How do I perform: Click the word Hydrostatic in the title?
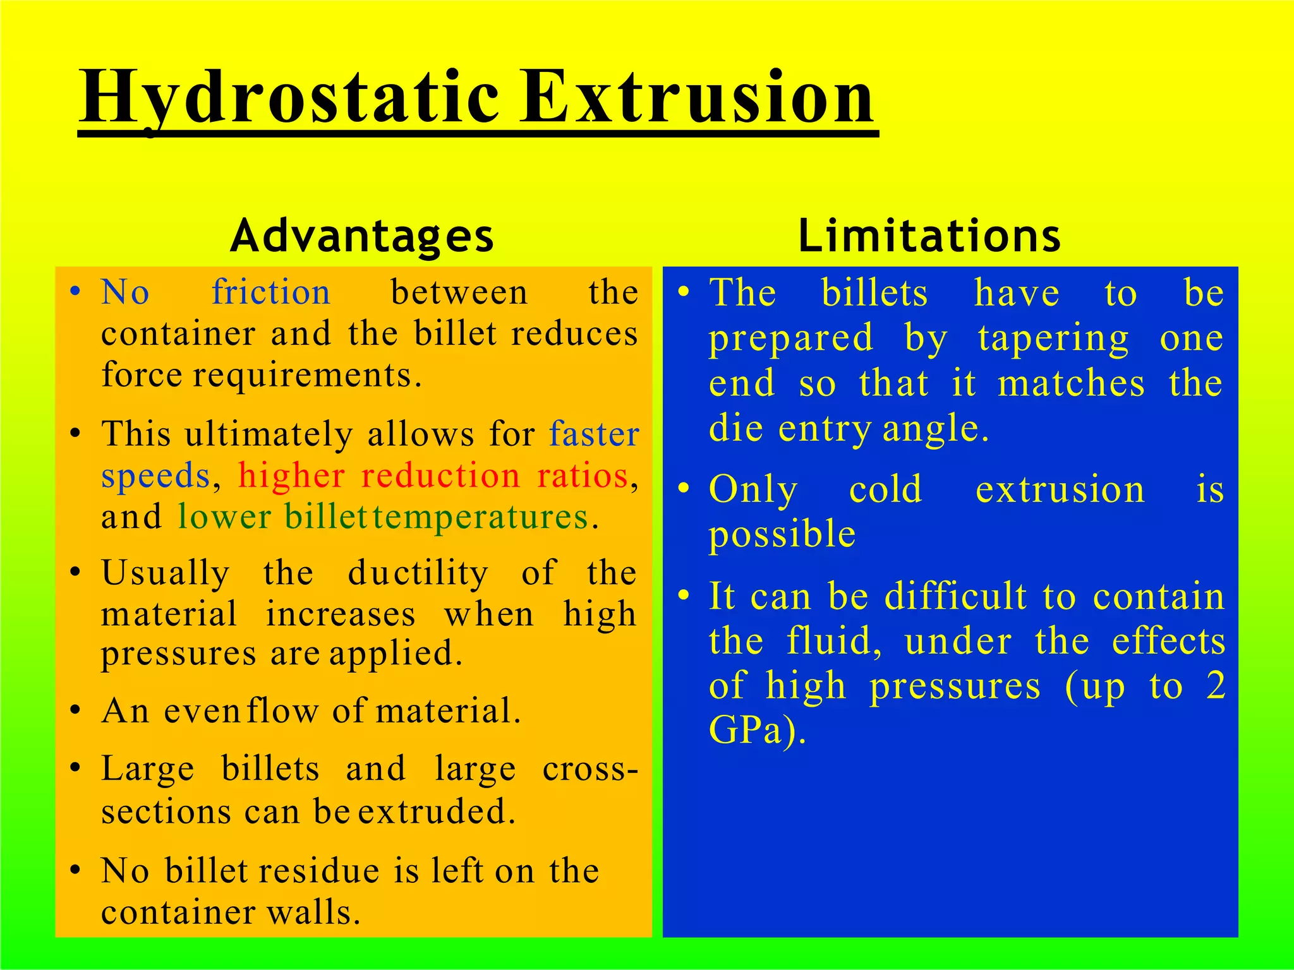[289, 98]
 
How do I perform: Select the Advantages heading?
[362, 236]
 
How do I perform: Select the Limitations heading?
[929, 236]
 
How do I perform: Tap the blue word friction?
[271, 292]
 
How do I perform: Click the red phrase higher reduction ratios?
[433, 476]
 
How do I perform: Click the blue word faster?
[594, 434]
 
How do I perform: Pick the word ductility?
[418, 573]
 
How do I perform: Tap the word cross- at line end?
[590, 769]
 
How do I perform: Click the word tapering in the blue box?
[1053, 339]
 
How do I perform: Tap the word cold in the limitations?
[885, 489]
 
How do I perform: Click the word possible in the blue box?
[782, 535]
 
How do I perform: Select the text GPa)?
[757, 731]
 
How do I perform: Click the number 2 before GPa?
[1215, 686]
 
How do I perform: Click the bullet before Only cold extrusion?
[683, 489]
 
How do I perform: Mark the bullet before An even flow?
[75, 711]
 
